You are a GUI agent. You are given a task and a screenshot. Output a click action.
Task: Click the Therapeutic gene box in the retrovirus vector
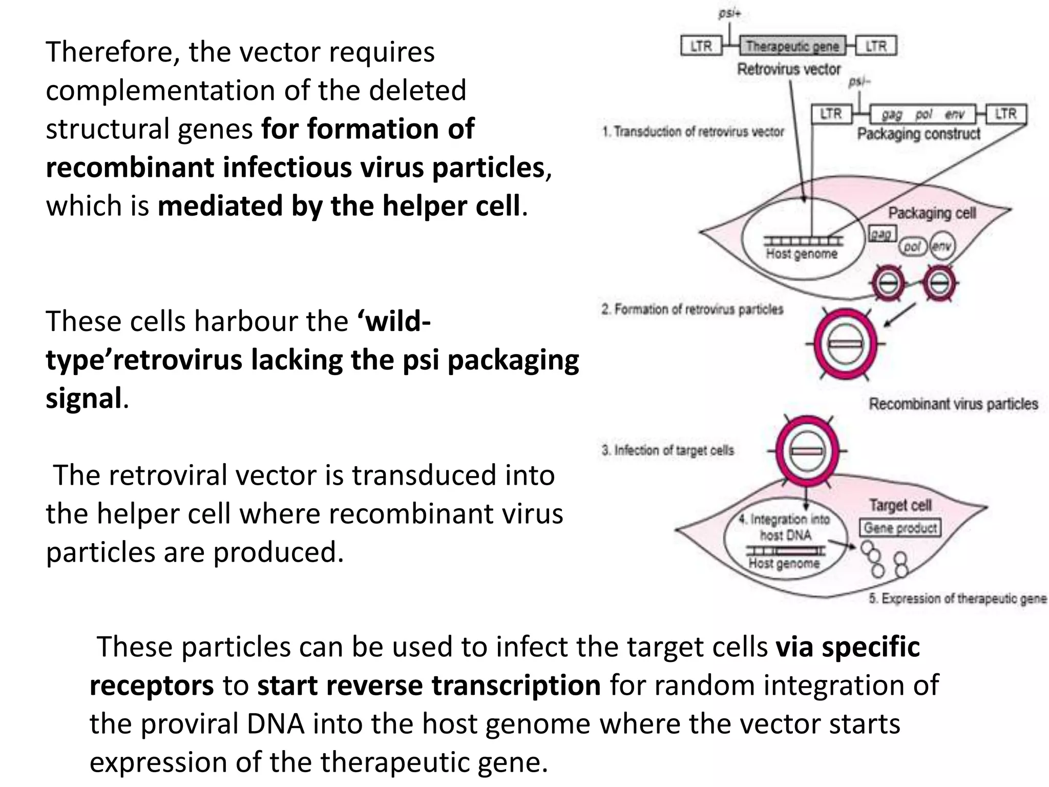click(792, 46)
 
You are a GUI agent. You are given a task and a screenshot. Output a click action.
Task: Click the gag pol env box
click(922, 114)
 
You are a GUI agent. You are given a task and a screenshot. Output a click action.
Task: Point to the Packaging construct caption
click(918, 134)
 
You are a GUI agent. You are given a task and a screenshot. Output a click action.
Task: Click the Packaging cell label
click(932, 213)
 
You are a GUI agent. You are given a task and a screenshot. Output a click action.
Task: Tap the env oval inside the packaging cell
click(941, 246)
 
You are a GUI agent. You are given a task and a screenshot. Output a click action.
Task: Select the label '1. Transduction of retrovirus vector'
click(693, 132)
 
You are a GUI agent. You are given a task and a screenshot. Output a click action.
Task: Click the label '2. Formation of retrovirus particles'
click(692, 309)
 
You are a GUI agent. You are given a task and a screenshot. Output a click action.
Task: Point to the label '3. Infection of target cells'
click(668, 450)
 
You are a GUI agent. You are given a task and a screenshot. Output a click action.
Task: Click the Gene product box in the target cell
click(900, 528)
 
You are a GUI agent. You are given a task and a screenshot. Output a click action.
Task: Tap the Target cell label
click(900, 505)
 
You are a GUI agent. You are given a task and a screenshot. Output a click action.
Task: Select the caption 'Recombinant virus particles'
click(953, 404)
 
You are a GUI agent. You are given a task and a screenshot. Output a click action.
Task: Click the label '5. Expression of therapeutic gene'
click(957, 598)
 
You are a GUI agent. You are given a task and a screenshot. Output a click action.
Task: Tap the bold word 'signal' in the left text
click(84, 398)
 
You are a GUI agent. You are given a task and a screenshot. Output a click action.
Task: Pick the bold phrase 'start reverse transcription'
click(429, 685)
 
